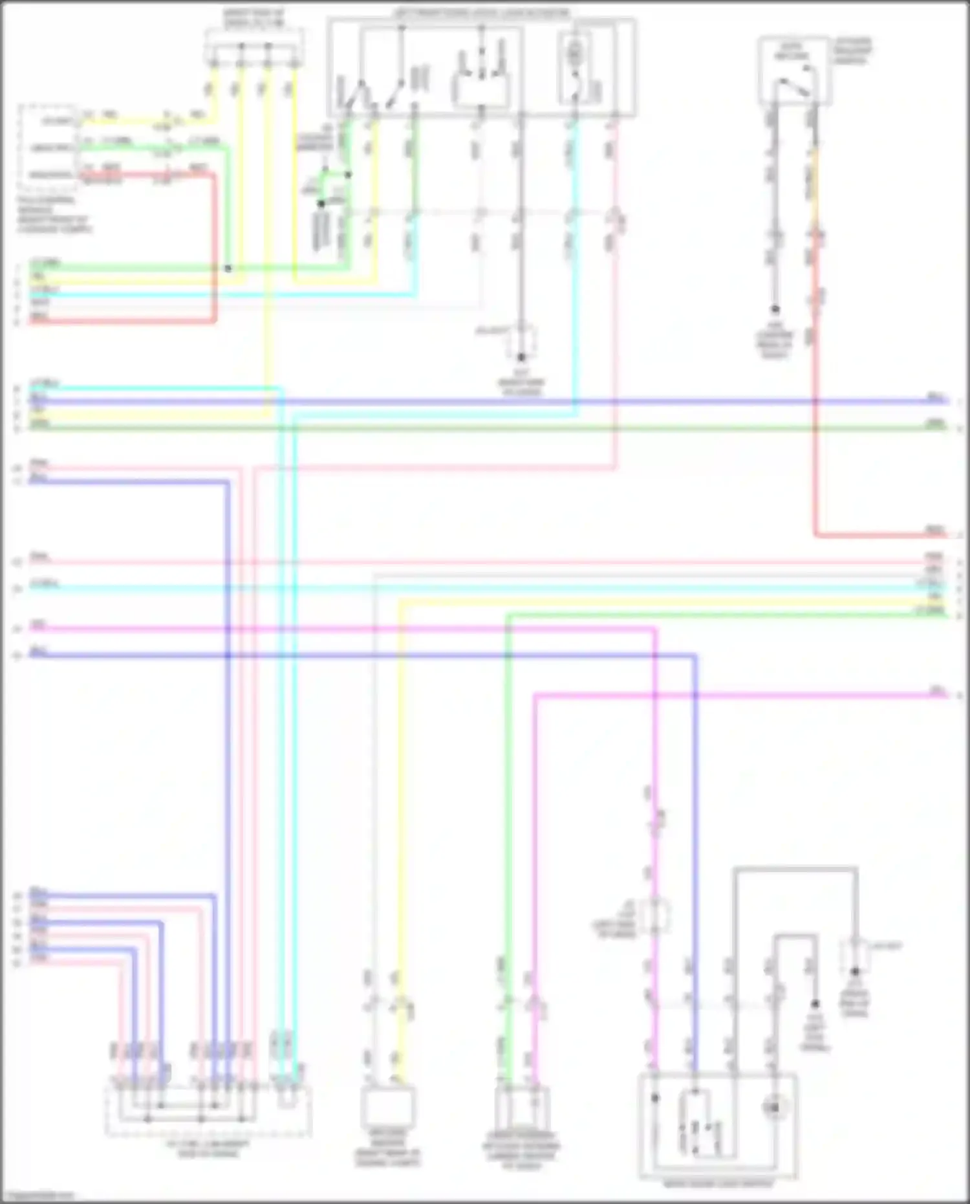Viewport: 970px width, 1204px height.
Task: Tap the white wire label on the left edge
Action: point(39,302)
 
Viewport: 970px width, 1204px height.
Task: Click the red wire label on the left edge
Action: point(39,316)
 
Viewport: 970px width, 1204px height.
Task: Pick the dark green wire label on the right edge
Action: point(935,423)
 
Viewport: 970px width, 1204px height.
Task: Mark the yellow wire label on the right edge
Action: point(934,597)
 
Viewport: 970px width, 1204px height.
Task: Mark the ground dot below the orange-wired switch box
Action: point(775,310)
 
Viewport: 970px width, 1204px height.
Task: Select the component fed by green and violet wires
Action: point(521,1109)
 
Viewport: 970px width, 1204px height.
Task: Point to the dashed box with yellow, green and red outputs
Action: point(48,146)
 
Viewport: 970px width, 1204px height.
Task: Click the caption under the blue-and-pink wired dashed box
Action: point(207,1149)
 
